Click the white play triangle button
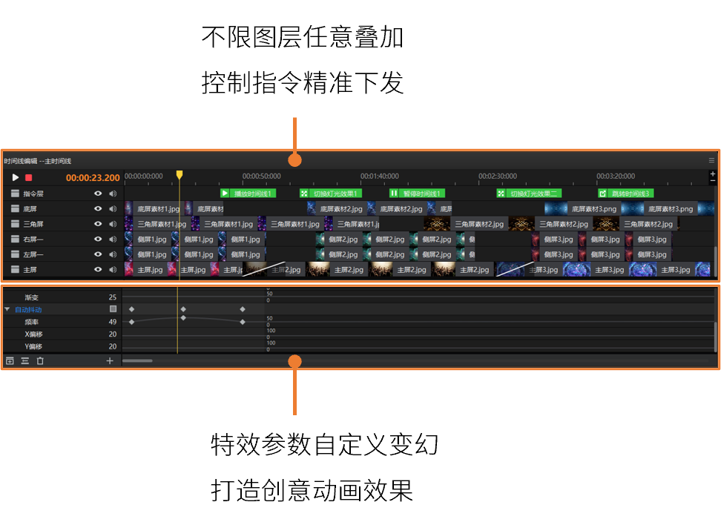pos(15,178)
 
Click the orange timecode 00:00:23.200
pos(93,178)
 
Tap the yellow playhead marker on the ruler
pos(180,175)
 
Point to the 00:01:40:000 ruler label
pos(379,176)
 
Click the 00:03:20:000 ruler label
pos(616,176)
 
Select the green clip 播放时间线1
pos(248,194)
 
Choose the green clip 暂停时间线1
pos(416,194)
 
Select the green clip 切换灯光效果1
pos(330,194)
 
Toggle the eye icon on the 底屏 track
pos(98,209)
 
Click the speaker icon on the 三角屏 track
pos(113,224)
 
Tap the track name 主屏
pos(30,270)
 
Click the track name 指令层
pos(33,194)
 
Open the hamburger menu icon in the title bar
pos(711,160)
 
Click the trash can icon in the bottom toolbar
pos(40,361)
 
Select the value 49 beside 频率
pos(113,322)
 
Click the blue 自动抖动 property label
pos(28,309)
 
